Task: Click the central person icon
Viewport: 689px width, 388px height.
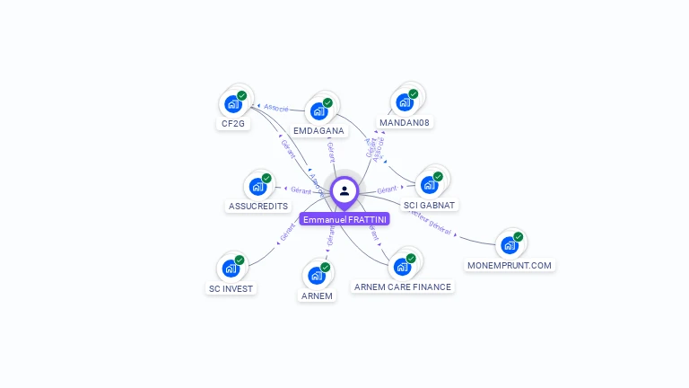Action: click(344, 190)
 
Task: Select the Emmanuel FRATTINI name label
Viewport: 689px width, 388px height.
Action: click(344, 219)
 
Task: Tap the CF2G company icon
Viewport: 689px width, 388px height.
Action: click(233, 103)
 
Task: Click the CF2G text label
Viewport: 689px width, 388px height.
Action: click(231, 124)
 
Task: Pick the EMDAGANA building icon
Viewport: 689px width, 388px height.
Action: click(318, 111)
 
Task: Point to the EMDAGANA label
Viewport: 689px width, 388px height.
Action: click(318, 131)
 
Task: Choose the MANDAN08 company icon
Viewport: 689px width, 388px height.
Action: click(405, 102)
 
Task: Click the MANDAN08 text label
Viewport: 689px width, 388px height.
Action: click(406, 123)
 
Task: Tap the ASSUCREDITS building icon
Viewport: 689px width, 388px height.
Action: click(257, 187)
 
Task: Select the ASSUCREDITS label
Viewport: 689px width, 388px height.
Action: click(258, 207)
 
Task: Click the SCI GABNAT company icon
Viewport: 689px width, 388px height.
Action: click(429, 185)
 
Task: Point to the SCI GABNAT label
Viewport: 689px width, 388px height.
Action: click(430, 206)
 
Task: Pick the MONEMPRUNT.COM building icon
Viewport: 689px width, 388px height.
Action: click(509, 245)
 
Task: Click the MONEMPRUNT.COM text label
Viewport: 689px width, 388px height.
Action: click(510, 266)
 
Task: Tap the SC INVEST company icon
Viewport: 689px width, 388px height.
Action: click(231, 269)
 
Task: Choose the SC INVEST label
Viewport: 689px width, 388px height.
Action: click(231, 289)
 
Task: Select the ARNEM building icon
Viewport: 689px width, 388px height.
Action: click(317, 276)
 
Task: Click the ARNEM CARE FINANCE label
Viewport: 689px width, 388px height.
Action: click(403, 287)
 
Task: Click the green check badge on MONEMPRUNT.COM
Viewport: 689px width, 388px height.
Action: click(518, 237)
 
